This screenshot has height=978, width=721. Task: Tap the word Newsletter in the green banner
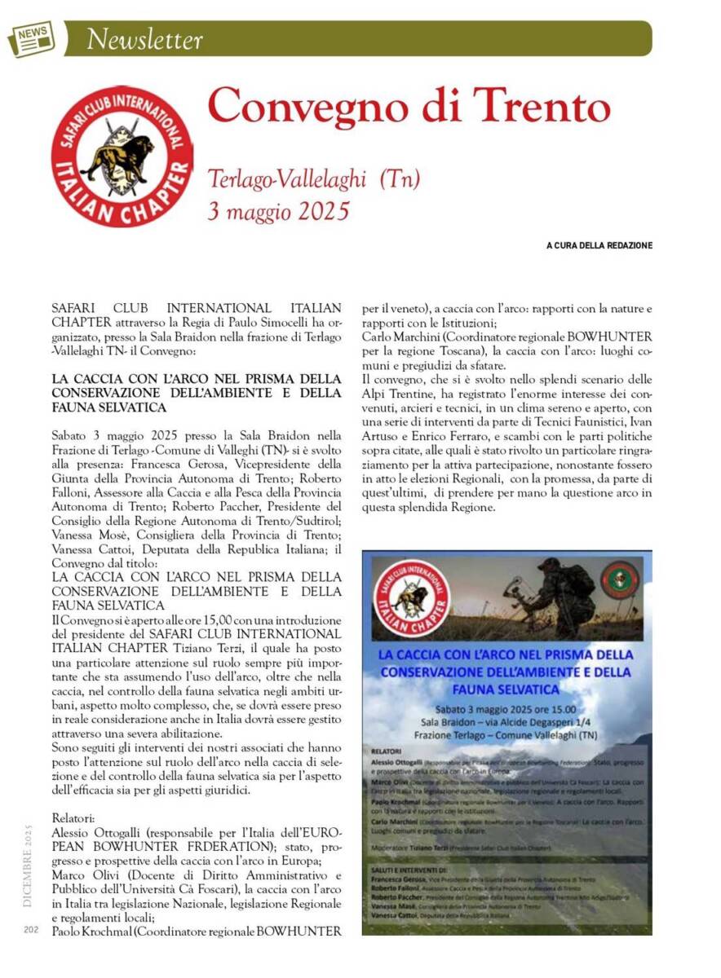coord(144,38)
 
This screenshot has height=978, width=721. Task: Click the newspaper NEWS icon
coord(31,37)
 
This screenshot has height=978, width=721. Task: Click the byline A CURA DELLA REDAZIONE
coord(599,245)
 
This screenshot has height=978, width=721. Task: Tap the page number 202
coord(31,929)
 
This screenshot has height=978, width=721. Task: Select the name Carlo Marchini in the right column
coord(403,336)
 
